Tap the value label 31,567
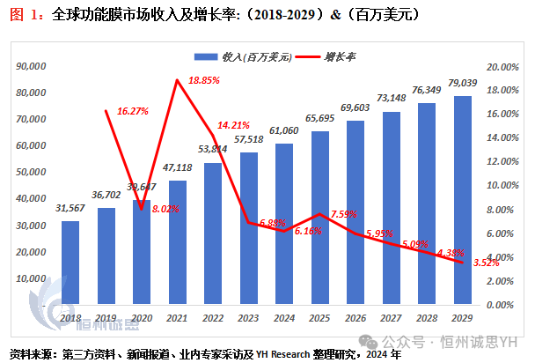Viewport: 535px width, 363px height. pos(70,208)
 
